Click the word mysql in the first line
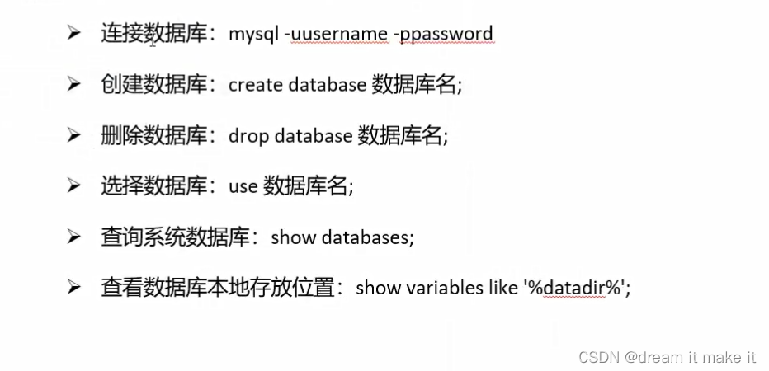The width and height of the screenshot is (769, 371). [254, 34]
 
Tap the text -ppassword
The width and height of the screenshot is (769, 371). [444, 34]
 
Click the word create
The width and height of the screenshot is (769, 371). [256, 85]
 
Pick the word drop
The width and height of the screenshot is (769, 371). [248, 136]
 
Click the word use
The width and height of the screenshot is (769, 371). [243, 186]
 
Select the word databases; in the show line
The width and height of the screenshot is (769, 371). [367, 237]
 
